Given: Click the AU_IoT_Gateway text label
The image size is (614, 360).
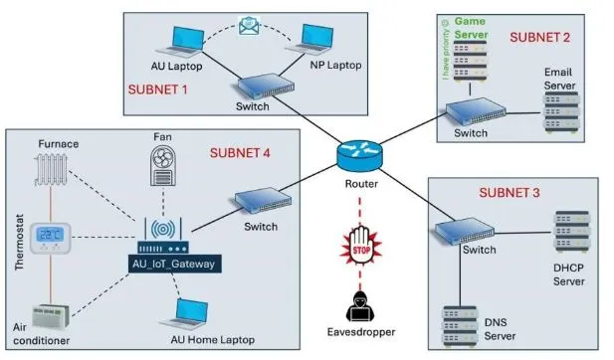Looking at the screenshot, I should pos(174,264).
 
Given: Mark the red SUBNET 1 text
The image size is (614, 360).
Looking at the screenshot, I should pos(160,89).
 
